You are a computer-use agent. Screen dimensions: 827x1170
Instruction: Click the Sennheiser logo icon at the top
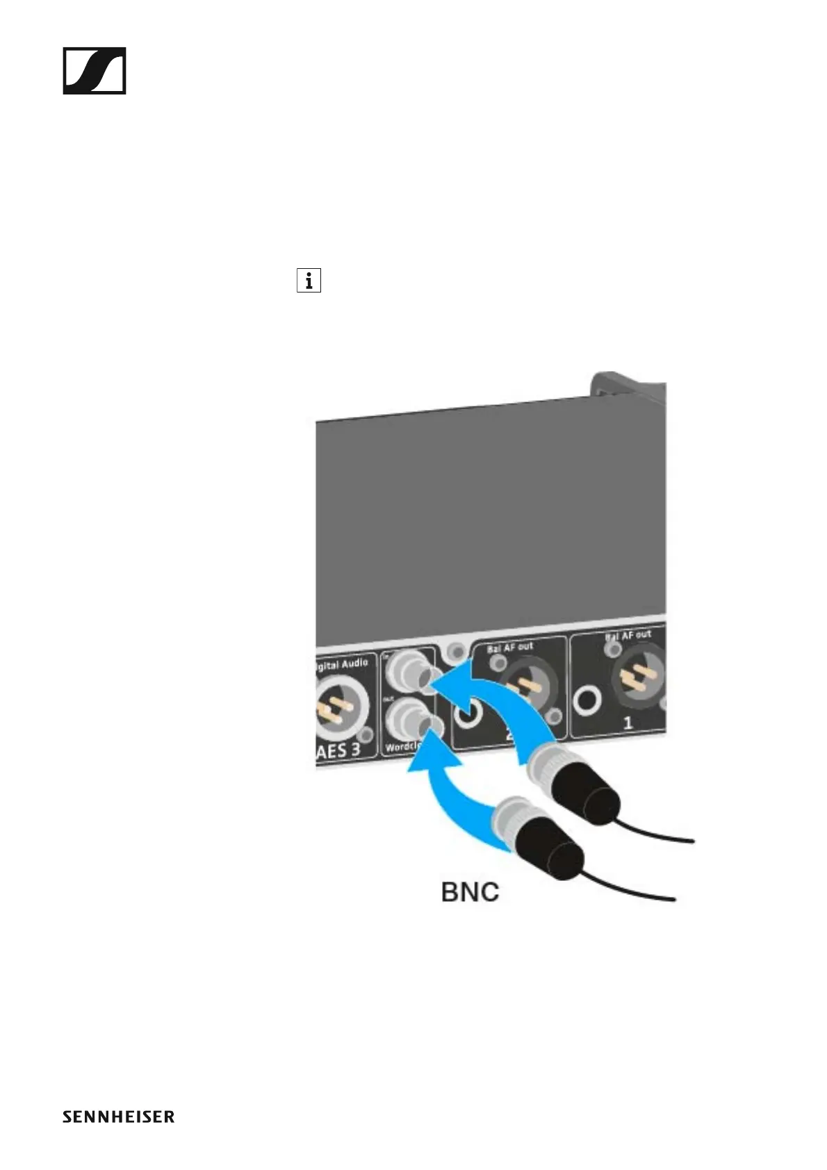tap(95, 70)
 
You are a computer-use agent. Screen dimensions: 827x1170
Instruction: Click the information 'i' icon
tap(309, 281)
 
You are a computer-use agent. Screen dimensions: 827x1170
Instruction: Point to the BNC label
tap(470, 892)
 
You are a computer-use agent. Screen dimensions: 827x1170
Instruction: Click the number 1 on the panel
tap(628, 723)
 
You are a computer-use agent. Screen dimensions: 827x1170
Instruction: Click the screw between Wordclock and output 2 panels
tap(457, 651)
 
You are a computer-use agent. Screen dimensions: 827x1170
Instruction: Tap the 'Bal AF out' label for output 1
tap(628, 635)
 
